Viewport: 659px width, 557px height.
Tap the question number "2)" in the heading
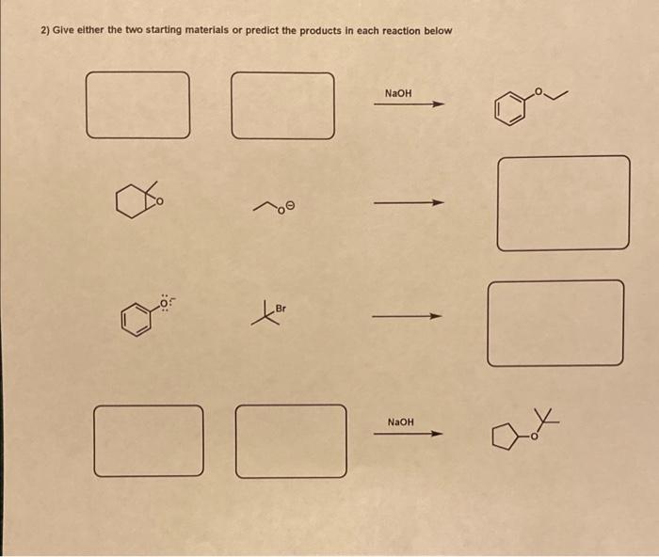coord(45,31)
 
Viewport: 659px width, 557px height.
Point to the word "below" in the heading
coord(437,31)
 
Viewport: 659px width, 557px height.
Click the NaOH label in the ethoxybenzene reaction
coord(398,93)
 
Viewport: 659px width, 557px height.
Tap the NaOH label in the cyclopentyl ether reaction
coord(400,422)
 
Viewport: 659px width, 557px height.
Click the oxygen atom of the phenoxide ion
coord(163,303)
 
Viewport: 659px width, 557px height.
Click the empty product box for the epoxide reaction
coord(563,203)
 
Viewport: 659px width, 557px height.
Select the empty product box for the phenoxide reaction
coord(555,323)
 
